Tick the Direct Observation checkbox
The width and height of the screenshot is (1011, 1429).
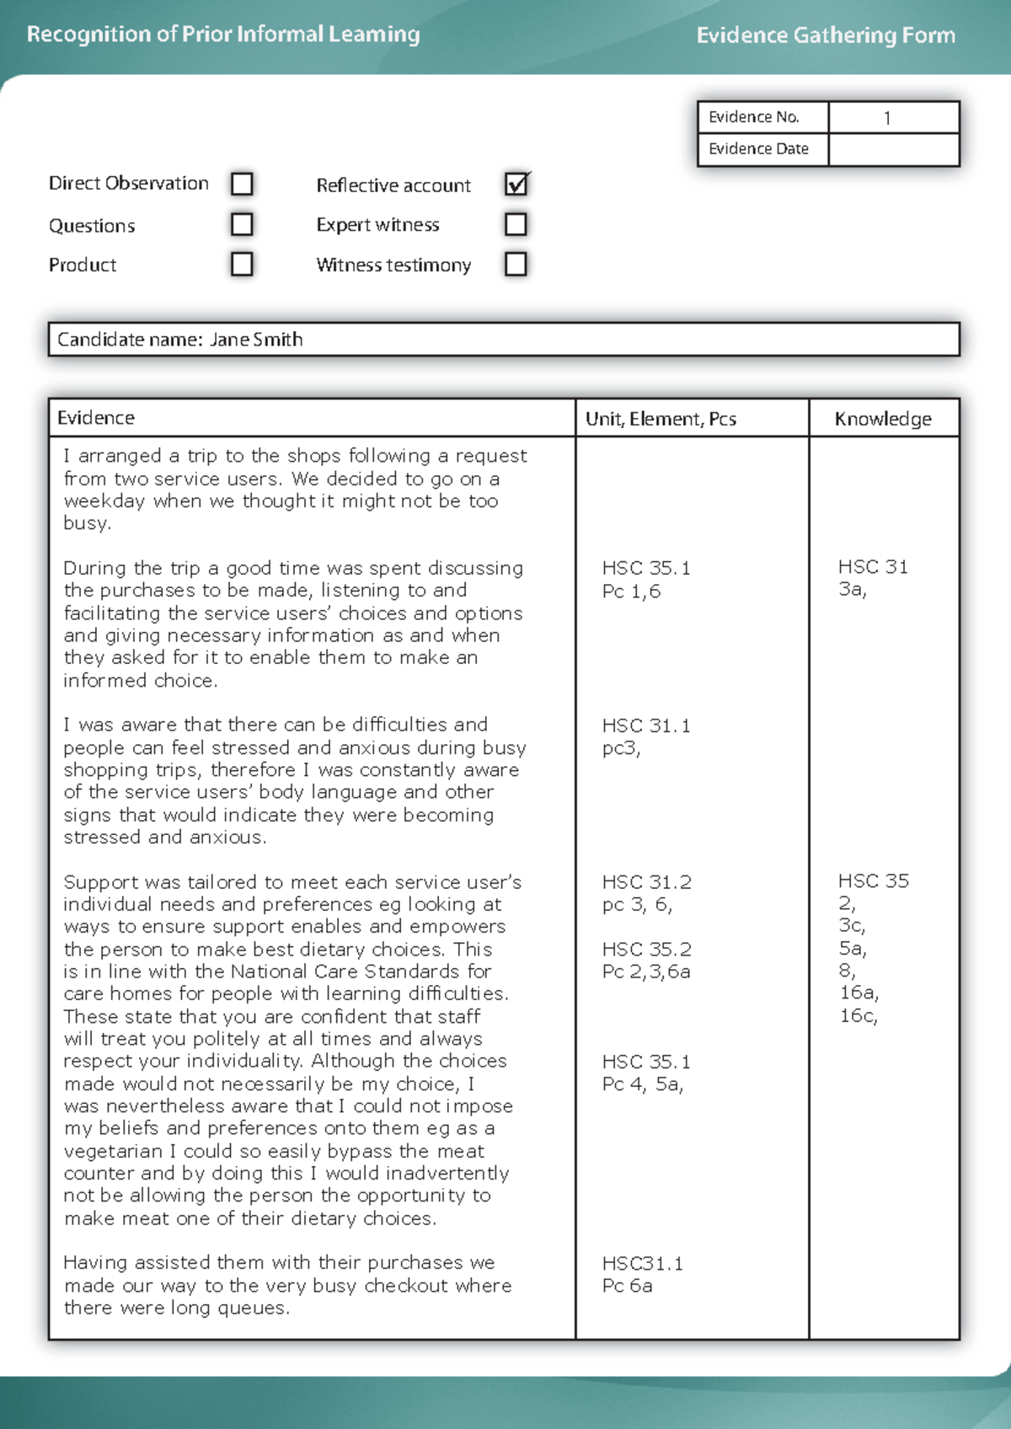242,184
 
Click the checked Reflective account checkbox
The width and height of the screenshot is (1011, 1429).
516,185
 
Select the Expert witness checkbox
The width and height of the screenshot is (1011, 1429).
516,224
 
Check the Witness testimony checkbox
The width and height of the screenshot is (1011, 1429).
516,265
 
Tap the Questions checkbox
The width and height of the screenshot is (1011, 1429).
242,224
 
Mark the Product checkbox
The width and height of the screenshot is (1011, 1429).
242,265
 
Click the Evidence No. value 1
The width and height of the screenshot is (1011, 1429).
887,118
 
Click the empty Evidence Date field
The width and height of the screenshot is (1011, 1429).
893,149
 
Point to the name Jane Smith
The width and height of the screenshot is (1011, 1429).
256,340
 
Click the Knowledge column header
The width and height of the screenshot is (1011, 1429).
883,419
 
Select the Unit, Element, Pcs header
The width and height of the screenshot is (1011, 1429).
661,419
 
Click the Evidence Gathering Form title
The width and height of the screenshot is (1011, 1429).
826,35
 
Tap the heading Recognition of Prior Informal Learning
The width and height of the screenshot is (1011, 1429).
223,35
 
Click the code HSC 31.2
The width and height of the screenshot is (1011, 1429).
646,882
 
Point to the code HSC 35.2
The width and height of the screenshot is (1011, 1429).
646,950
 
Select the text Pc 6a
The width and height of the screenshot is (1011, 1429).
627,1286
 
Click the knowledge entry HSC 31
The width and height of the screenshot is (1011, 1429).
873,567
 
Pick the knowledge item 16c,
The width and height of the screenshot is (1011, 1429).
858,1015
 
